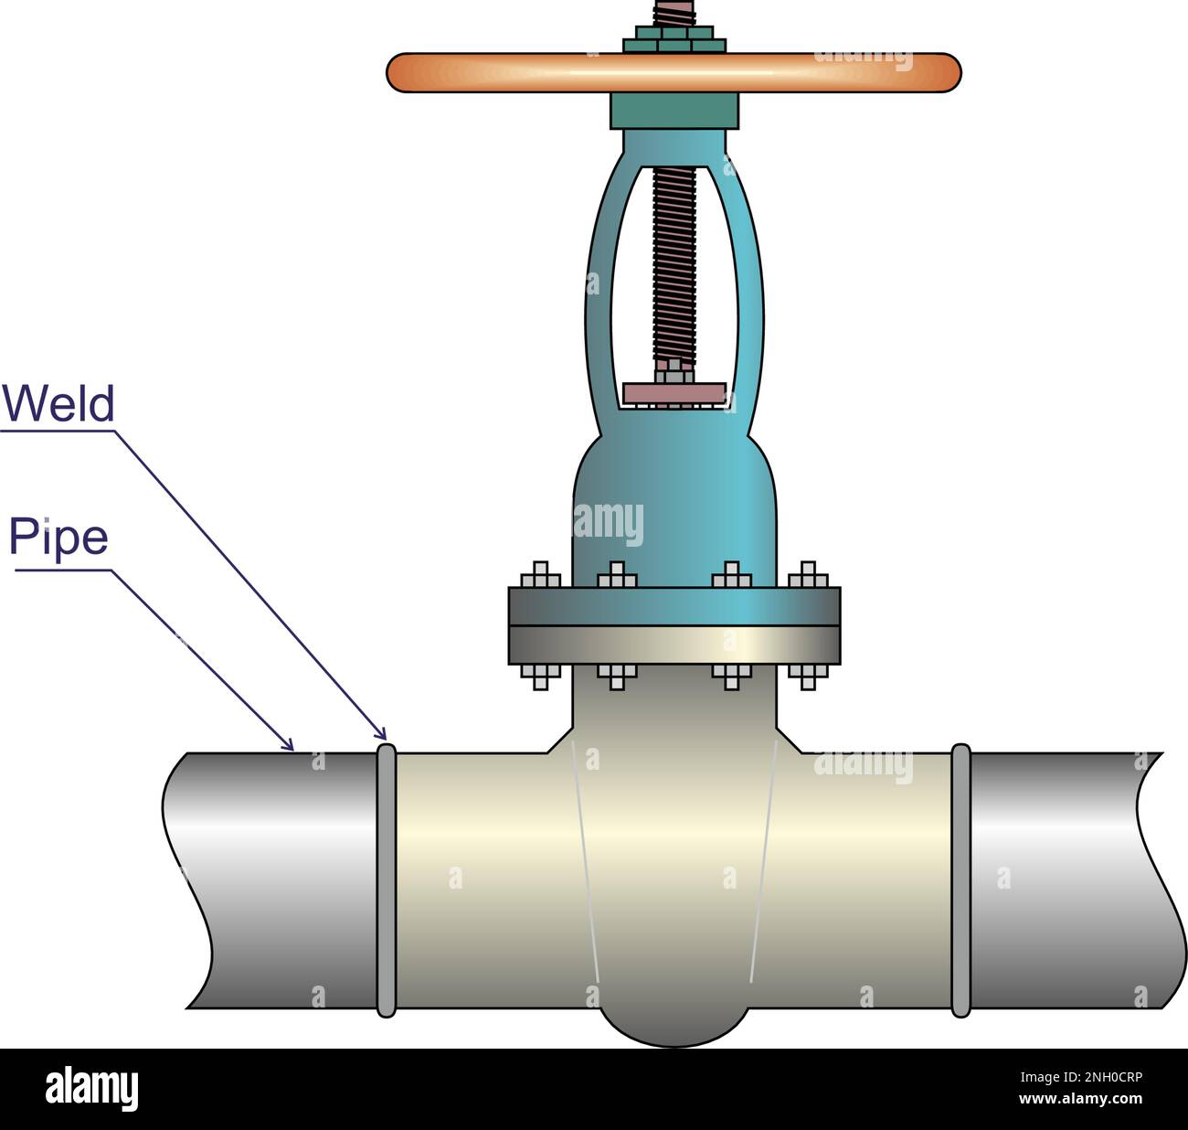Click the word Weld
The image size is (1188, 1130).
click(58, 403)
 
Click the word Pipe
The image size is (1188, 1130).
click(58, 537)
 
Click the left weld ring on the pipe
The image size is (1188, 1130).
click(387, 879)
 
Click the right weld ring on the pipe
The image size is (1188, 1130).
click(960, 879)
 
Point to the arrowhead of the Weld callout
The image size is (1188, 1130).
click(383, 734)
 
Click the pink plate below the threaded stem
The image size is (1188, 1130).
click(674, 393)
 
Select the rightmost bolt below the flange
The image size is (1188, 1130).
click(807, 676)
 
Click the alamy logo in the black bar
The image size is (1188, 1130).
click(91, 1089)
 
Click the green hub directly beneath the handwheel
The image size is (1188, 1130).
click(674, 112)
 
